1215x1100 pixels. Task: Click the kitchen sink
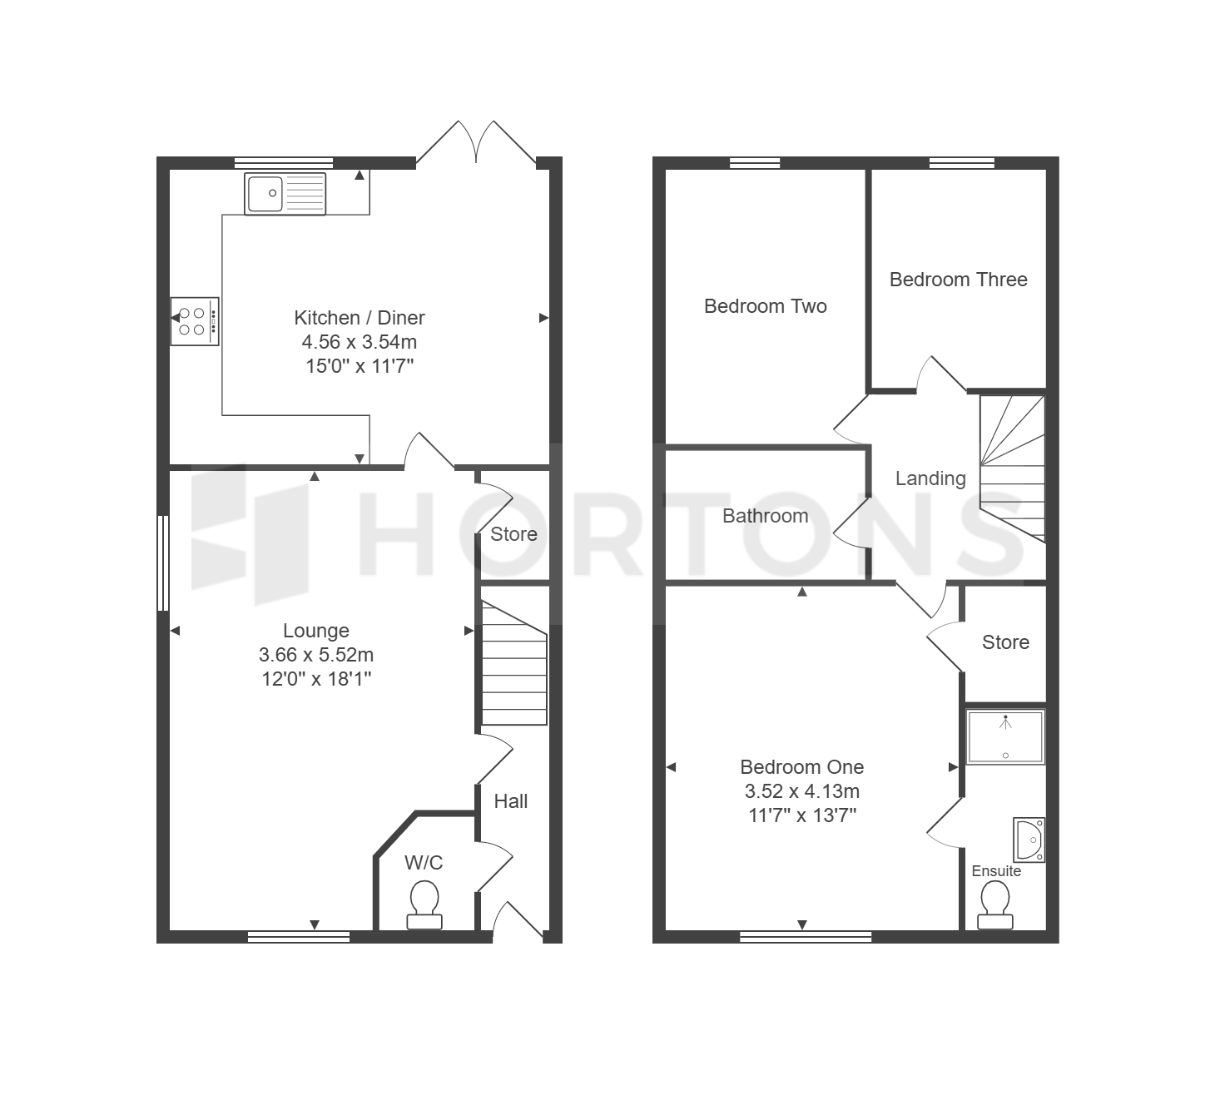point(285,194)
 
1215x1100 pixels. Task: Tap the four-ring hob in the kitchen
point(195,322)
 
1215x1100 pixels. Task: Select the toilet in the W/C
point(424,905)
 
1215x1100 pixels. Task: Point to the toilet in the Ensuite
point(995,905)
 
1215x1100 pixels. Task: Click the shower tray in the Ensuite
point(1005,736)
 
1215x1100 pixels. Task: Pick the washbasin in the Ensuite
point(1029,840)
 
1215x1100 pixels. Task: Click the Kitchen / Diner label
point(360,317)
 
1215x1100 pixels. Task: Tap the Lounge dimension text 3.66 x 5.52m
point(316,655)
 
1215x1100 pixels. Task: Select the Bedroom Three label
point(958,280)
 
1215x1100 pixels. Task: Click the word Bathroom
point(765,516)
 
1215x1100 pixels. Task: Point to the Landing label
point(930,478)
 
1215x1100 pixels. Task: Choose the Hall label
point(511,801)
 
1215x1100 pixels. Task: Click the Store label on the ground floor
point(513,534)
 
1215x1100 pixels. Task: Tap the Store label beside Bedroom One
point(1005,642)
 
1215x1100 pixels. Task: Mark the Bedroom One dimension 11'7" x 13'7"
point(802,815)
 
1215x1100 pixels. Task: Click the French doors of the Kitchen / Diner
point(476,143)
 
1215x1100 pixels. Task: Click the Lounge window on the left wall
point(163,563)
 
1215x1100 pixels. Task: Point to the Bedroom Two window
point(755,163)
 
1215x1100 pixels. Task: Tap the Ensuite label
point(996,871)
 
